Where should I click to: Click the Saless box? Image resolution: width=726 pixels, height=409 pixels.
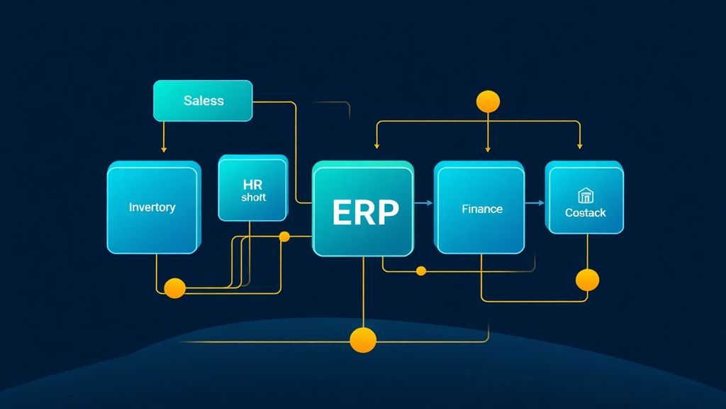pos(203,100)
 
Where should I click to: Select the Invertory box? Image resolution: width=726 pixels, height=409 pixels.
pos(152,208)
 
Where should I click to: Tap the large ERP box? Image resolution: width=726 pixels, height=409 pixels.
pos(363,210)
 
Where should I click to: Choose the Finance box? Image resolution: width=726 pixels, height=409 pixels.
pos(482,209)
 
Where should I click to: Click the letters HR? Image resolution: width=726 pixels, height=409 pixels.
pos(253,184)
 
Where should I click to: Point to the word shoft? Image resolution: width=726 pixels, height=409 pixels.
pos(253,197)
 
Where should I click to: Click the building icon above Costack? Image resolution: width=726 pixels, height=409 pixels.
pos(585,195)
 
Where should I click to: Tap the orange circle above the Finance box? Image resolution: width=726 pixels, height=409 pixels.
pos(488,101)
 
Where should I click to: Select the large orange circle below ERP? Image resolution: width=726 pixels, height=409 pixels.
pos(363,340)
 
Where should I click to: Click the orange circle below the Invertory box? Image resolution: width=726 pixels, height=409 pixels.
pos(174,288)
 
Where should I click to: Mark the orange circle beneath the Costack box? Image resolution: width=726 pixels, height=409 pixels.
pos(587,280)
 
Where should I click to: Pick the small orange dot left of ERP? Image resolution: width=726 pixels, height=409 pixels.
pos(284,236)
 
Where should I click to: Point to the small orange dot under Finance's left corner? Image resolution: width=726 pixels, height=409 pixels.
pos(421,271)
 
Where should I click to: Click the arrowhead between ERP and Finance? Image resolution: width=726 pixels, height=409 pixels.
pos(429,204)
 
